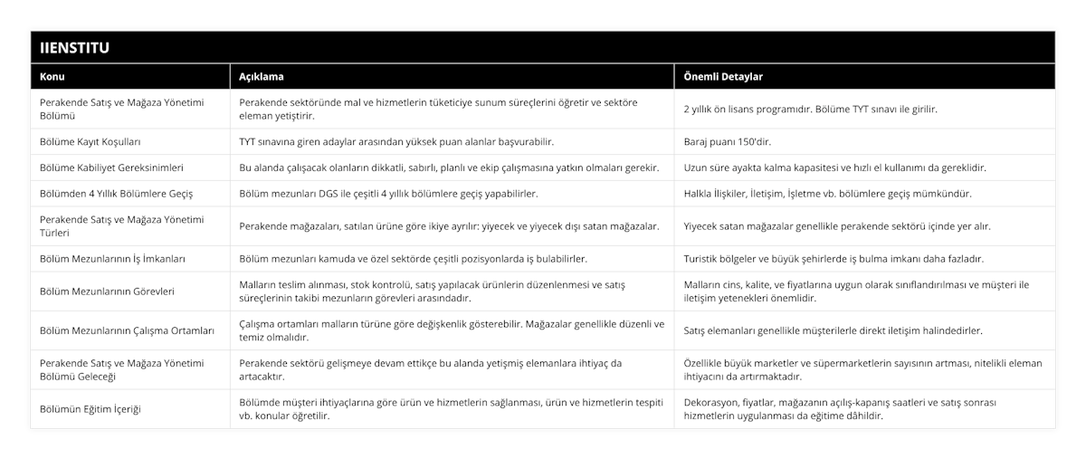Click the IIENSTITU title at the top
[71, 47]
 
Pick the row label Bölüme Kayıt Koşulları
[90, 142]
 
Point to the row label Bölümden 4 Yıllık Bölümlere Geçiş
[117, 194]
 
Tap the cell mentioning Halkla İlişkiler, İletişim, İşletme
[828, 194]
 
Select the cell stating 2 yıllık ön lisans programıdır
[810, 109]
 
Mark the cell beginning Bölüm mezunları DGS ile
[388, 194]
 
